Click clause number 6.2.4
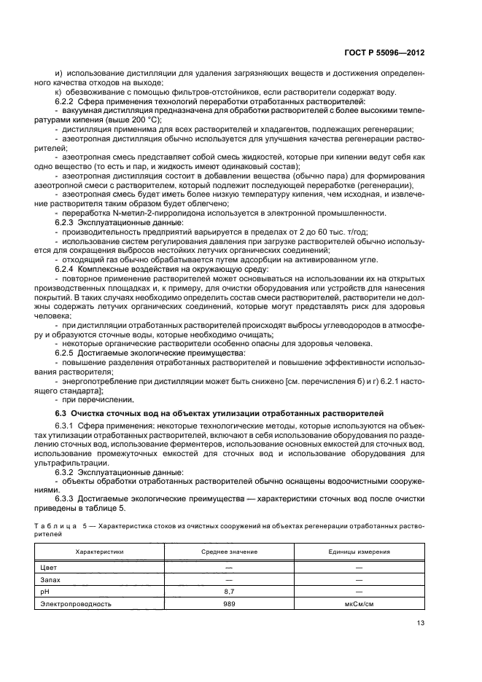(x=66, y=270)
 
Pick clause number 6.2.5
(x=66, y=353)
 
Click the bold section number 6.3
(x=61, y=413)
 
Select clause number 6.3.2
(x=66, y=472)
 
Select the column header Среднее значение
(x=229, y=552)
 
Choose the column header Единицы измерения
(x=359, y=552)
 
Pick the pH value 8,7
(x=229, y=591)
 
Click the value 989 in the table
(x=229, y=604)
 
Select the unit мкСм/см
(x=359, y=604)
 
